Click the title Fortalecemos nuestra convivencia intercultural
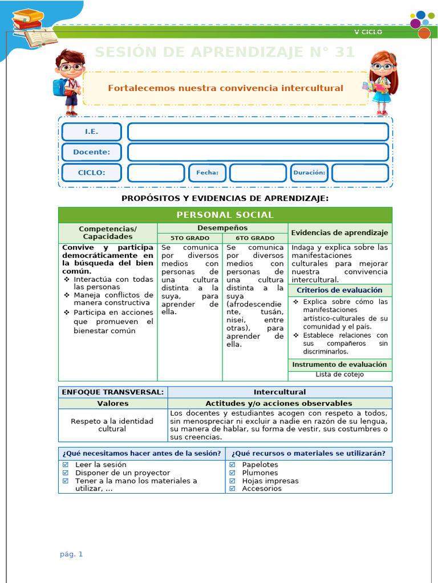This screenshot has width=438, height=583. (225, 88)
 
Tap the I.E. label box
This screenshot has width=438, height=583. (91, 132)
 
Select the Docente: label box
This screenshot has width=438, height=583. (91, 152)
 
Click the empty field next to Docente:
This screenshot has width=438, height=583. (258, 152)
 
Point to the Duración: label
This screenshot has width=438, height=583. (309, 173)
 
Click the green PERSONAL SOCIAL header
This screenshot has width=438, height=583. (225, 215)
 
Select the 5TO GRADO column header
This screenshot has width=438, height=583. (189, 238)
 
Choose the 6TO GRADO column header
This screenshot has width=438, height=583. (254, 238)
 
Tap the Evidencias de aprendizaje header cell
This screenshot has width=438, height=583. (339, 232)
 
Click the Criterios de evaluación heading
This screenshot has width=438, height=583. (339, 290)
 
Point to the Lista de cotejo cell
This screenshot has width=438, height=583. (339, 375)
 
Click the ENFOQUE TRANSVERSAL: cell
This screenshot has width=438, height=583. (113, 392)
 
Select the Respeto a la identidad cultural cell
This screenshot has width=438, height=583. (112, 425)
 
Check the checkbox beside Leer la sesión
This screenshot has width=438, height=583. (65, 465)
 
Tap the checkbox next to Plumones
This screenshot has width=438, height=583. (232, 473)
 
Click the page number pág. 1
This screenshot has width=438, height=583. (71, 554)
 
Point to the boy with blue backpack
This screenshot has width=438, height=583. (68, 81)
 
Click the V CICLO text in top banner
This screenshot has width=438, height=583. (368, 32)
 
